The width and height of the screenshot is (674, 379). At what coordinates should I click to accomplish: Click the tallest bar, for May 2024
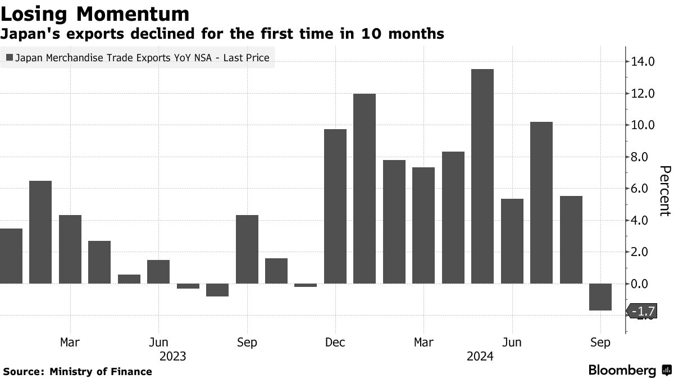pos(482,176)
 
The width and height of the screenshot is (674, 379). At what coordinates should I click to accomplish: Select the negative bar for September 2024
pos(600,296)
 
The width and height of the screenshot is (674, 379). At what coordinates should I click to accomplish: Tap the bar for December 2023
pos(335,206)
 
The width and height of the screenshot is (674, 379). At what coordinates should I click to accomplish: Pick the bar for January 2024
pos(365,189)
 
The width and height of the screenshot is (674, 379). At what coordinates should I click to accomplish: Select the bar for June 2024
pos(512,241)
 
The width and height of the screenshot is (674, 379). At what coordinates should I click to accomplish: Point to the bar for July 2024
pos(541,203)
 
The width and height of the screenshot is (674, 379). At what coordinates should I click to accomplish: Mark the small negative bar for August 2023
pos(217,290)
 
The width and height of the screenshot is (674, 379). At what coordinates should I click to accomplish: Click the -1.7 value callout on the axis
pos(640,311)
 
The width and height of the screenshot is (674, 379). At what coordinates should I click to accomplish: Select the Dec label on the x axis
pos(335,342)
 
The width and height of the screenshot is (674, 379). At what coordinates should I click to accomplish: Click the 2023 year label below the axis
pos(173,356)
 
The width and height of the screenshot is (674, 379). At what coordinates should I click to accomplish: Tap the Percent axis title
pos(665,191)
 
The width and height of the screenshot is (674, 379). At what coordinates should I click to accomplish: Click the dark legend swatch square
pos(9,57)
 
